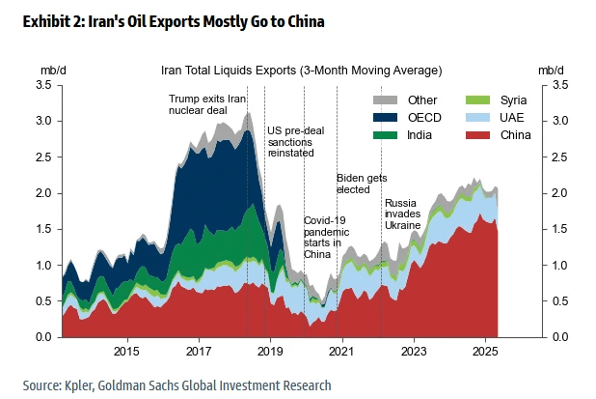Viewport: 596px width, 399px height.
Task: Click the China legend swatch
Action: pyautogui.click(x=474, y=134)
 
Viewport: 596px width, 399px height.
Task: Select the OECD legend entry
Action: pyautogui.click(x=387, y=117)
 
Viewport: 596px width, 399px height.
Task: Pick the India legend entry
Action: pyautogui.click(x=387, y=134)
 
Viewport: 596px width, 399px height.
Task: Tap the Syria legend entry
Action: pyautogui.click(x=474, y=100)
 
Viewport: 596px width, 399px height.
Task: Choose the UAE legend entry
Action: pyautogui.click(x=474, y=117)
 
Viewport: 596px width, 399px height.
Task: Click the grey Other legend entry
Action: pyautogui.click(x=387, y=100)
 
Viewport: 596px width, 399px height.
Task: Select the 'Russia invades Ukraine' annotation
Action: pyautogui.click(x=403, y=214)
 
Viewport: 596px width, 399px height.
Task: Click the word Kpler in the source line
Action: pyautogui.click(x=84, y=385)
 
